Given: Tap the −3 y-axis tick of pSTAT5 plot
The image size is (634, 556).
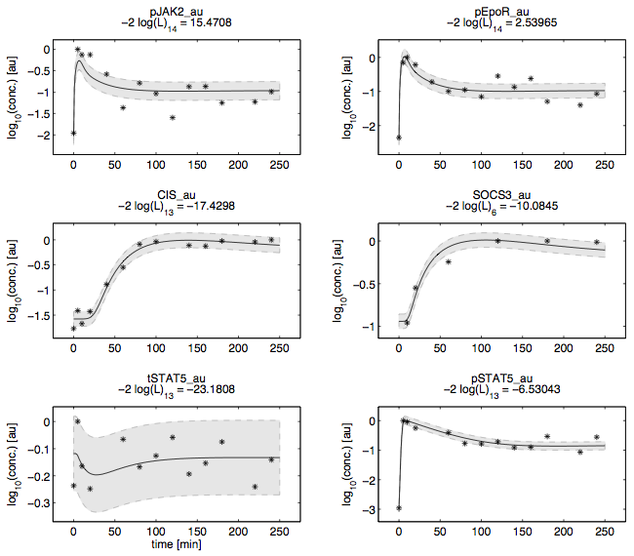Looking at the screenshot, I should pyautogui.click(x=377, y=509).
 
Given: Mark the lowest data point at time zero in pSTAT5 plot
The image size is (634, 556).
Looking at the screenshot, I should pyautogui.click(x=399, y=508).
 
